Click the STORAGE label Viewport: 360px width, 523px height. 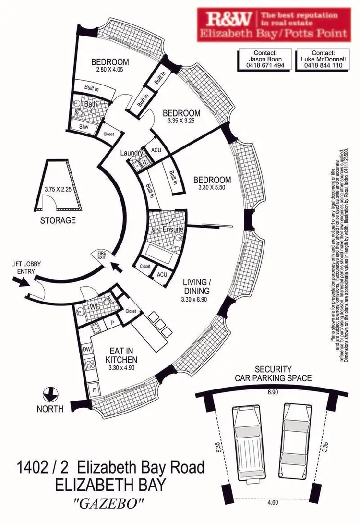[x=58, y=220]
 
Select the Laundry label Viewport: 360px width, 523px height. [x=132, y=153]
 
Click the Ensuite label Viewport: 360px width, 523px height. [x=173, y=229]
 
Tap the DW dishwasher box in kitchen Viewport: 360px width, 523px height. [x=87, y=349]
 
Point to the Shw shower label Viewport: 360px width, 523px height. [x=83, y=126]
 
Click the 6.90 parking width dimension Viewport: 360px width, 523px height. [x=274, y=392]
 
